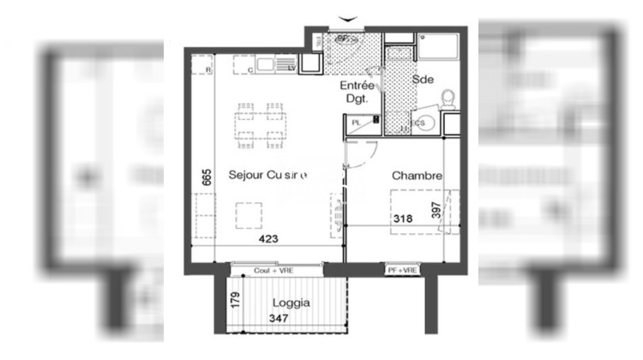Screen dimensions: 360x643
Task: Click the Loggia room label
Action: [x=291, y=303]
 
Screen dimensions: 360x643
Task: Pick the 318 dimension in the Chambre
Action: [x=403, y=219]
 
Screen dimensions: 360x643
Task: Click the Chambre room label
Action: [x=418, y=177]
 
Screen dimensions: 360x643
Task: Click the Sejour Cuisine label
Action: [x=267, y=175]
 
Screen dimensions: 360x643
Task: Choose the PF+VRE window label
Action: [x=403, y=271]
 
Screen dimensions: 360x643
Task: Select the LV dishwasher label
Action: [x=291, y=67]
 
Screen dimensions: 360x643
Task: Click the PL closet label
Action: [x=357, y=123]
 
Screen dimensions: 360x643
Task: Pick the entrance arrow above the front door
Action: [x=346, y=17]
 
